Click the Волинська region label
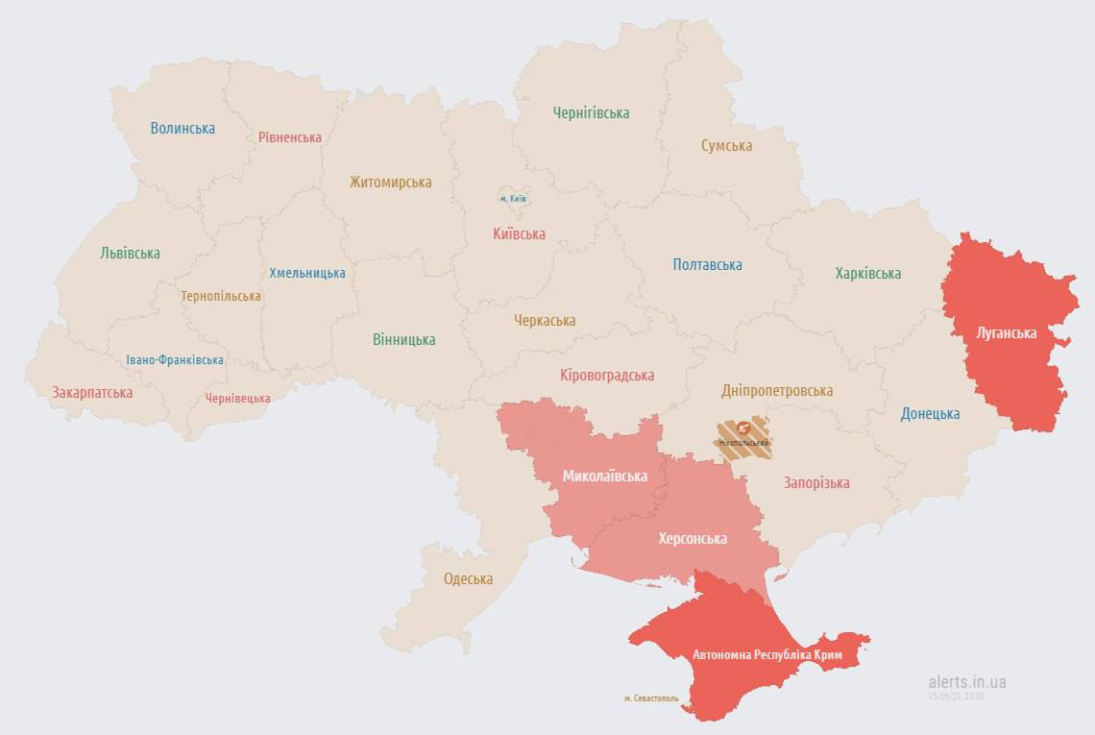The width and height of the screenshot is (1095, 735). pyautogui.click(x=182, y=128)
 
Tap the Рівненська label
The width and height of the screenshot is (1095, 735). pyautogui.click(x=290, y=137)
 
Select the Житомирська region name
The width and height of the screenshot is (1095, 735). pyautogui.click(x=390, y=182)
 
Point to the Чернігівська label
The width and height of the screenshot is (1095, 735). pyautogui.click(x=591, y=112)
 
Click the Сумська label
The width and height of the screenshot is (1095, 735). pyautogui.click(x=726, y=146)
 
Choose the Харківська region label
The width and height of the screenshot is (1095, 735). pyautogui.click(x=867, y=273)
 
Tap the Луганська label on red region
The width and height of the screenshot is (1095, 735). pyautogui.click(x=1006, y=333)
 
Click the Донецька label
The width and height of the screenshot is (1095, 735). pyautogui.click(x=930, y=414)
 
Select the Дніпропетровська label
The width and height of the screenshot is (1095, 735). pyautogui.click(x=777, y=391)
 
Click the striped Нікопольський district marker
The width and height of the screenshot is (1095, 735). pyautogui.click(x=743, y=437)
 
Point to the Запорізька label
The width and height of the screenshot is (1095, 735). pyautogui.click(x=816, y=482)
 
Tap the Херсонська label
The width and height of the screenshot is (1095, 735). pyautogui.click(x=692, y=539)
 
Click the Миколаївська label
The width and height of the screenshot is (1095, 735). pyautogui.click(x=604, y=476)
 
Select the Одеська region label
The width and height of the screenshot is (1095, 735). pyautogui.click(x=468, y=578)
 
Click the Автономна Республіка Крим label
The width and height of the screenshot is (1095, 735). pyautogui.click(x=767, y=654)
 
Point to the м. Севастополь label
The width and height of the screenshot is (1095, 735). pyautogui.click(x=650, y=698)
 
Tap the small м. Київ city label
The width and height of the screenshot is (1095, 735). pyautogui.click(x=513, y=198)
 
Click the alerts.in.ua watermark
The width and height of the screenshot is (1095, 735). pyautogui.click(x=967, y=682)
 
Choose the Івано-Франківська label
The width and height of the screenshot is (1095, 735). pyautogui.click(x=175, y=360)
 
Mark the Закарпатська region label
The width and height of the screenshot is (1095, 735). pyautogui.click(x=92, y=392)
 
